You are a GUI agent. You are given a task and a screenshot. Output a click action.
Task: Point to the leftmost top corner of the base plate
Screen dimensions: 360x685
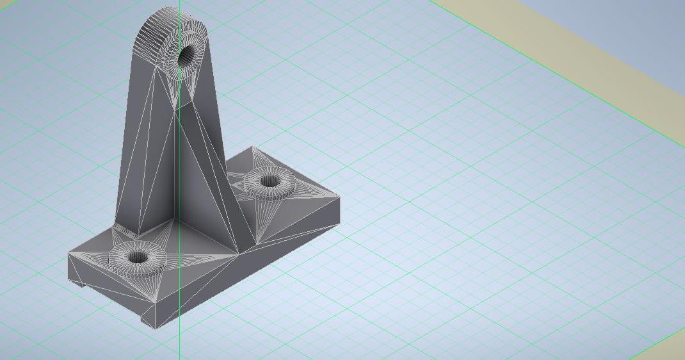click(x=68, y=254)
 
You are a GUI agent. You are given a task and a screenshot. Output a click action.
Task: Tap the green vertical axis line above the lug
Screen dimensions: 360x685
click(x=179, y=3)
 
